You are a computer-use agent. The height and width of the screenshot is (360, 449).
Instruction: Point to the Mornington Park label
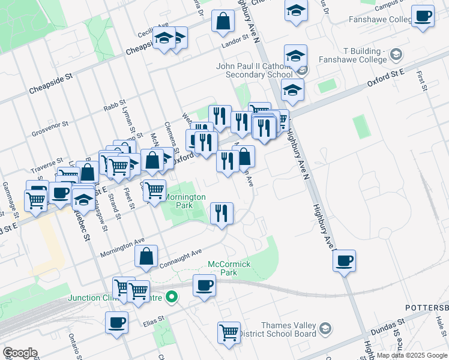[x=185, y=200]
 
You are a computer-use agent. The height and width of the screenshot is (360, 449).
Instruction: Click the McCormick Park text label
[x=229, y=268]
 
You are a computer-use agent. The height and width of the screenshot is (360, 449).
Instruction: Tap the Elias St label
[x=154, y=320]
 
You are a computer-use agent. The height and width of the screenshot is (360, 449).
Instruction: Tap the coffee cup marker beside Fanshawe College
[x=424, y=16]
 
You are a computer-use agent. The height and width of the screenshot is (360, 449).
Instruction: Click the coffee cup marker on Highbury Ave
[x=345, y=261]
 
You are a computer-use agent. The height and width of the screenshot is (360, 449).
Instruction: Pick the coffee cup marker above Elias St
[x=116, y=322]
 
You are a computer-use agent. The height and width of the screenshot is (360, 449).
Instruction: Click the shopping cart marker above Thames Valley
[x=229, y=332]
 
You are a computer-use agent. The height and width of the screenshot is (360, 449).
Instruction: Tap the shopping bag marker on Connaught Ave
[x=146, y=256]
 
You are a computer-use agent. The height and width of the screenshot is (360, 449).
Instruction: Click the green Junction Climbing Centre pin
[x=172, y=297]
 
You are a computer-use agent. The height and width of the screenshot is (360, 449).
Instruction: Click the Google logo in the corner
[x=19, y=353]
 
